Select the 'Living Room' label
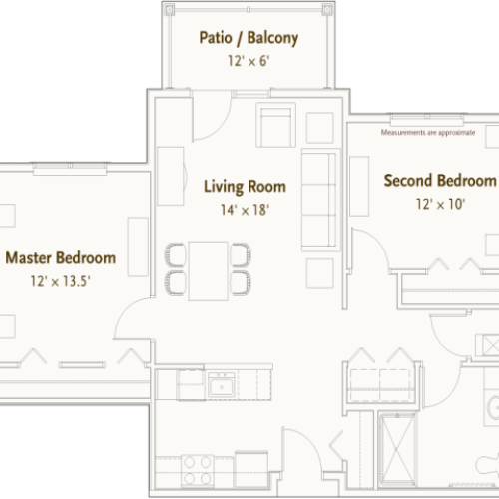coord(245,186)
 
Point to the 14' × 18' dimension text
coord(245,210)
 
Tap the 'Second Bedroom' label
coord(440,181)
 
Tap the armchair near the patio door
coord(274,126)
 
